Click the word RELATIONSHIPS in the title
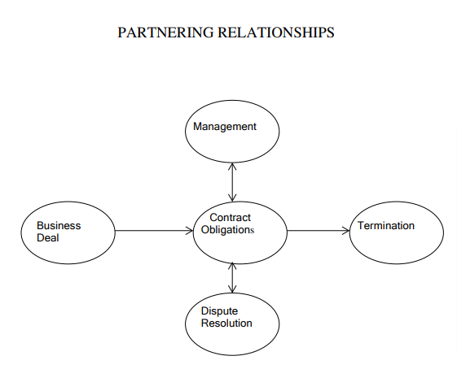(x=275, y=33)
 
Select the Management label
(x=225, y=127)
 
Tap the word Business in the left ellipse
(x=59, y=226)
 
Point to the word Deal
(x=48, y=238)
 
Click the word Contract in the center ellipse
(x=230, y=218)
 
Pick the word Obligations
(x=227, y=230)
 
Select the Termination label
(x=386, y=226)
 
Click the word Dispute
(x=219, y=311)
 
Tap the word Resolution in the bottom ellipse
(x=226, y=323)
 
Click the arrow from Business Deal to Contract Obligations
(x=154, y=231)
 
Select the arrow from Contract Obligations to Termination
(x=318, y=231)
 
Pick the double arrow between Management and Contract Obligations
(x=232, y=182)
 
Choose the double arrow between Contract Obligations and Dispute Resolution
(x=232, y=277)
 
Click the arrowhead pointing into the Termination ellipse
(x=346, y=231)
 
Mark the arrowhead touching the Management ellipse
(x=232, y=166)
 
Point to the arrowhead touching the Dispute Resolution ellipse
(x=232, y=289)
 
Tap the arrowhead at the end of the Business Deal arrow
(x=190, y=231)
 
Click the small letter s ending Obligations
(x=253, y=231)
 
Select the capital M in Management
(x=197, y=127)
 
